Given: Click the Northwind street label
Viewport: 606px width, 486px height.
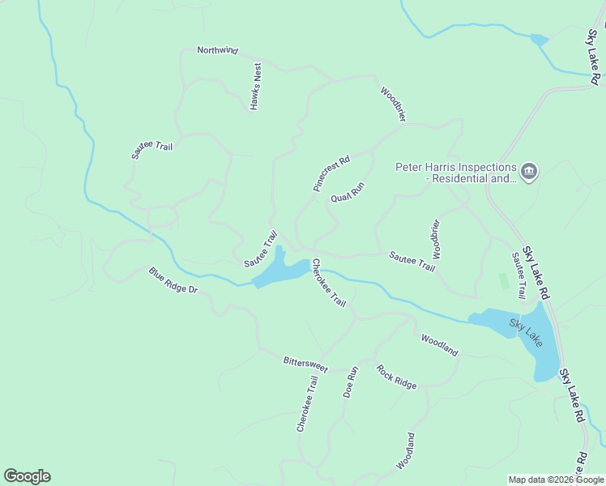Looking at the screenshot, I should click(x=218, y=50).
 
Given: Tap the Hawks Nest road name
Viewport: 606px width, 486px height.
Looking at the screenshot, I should click(x=256, y=87).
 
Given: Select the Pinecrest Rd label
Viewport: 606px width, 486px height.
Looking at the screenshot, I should click(x=331, y=173).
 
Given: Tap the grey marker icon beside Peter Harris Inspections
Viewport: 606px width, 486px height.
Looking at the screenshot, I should click(x=529, y=172).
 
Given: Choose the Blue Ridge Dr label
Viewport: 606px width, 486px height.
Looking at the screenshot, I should click(x=173, y=280).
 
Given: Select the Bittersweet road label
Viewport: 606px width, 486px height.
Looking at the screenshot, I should click(x=305, y=363).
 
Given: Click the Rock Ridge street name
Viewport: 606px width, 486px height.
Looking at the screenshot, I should click(x=396, y=376).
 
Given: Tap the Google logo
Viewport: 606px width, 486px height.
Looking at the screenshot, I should click(x=27, y=476).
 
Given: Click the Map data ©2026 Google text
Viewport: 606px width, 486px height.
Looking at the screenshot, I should click(x=556, y=480).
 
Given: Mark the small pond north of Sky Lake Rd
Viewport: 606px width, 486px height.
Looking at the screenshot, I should click(x=538, y=39).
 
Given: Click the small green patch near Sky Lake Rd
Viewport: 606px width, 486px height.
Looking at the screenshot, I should click(x=503, y=281).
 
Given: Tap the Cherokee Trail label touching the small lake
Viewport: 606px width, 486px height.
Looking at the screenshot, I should click(x=329, y=283).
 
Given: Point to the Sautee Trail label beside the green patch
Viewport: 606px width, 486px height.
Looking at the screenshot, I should click(x=518, y=275).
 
